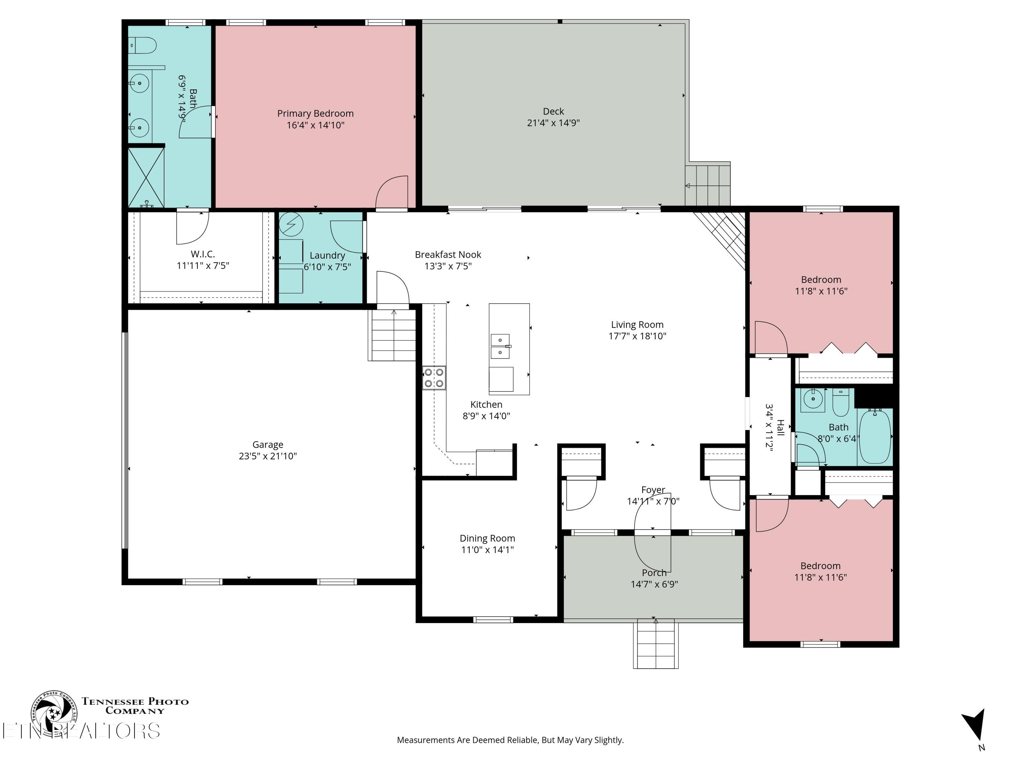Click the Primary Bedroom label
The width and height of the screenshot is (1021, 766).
315,114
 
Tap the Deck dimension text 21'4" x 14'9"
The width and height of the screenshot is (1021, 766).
553,123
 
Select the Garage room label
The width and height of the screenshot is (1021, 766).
268,445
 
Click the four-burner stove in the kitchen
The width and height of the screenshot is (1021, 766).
434,378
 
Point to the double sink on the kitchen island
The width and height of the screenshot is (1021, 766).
500,346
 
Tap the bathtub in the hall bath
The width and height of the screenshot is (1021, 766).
875,436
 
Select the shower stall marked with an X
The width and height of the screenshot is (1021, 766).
146,177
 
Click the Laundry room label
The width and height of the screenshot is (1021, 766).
327,255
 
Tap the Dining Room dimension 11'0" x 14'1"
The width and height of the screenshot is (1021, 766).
487,549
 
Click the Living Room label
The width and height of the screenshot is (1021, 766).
637,324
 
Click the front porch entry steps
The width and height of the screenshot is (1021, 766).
655,644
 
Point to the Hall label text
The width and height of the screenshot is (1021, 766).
780,427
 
